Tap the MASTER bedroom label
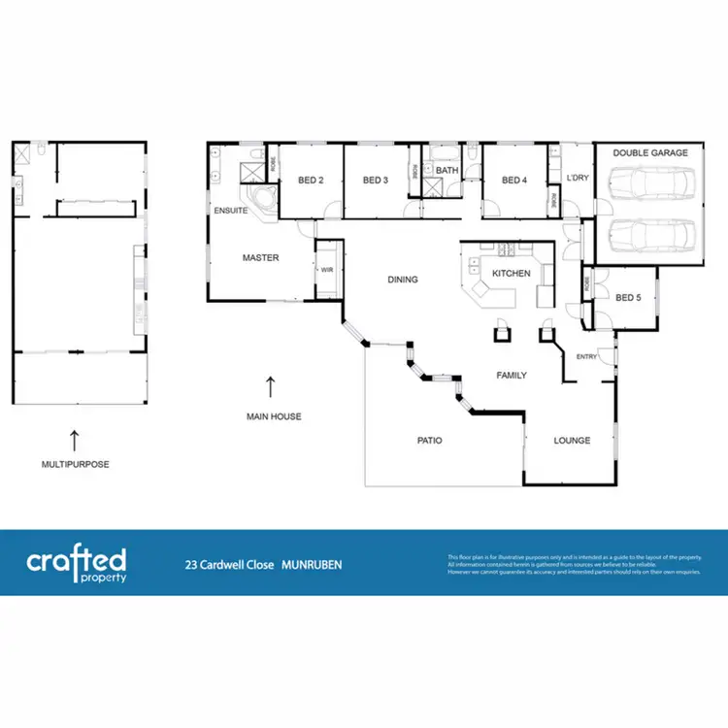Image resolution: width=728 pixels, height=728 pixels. click(260, 258)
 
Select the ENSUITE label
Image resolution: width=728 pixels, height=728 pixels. click(230, 210)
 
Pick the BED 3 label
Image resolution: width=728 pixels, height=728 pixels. click(376, 180)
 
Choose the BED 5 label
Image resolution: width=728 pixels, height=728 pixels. click(628, 298)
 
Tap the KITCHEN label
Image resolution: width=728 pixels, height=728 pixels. click(511, 274)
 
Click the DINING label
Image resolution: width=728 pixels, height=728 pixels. click(402, 280)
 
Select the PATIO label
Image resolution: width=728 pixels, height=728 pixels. click(429, 441)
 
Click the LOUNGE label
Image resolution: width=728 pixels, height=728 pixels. click(572, 441)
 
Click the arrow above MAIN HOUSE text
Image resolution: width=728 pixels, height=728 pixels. click(271, 386)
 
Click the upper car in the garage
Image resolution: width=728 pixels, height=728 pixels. click(648, 182)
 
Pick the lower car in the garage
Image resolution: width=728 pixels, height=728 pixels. click(648, 234)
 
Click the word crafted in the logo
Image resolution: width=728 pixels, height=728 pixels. click(76, 560)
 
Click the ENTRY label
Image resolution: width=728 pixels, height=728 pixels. click(587, 356)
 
